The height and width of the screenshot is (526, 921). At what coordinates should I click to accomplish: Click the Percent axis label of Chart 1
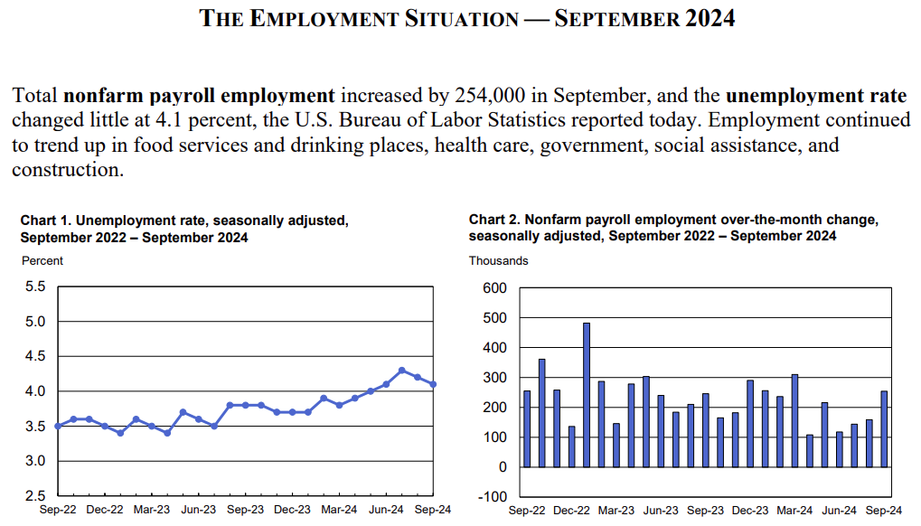coord(42,261)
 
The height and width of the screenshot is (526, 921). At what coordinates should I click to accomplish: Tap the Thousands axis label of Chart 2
coord(498,261)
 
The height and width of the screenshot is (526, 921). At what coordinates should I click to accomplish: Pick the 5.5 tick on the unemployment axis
coord(34,286)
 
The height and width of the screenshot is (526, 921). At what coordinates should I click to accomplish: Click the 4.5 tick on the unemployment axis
coord(34,356)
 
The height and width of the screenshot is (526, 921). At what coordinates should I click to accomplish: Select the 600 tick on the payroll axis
coord(495,288)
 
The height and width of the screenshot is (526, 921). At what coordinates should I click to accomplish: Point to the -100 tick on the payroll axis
coord(493,497)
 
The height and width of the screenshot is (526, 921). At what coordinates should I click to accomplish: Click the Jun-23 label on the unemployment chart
coord(199,510)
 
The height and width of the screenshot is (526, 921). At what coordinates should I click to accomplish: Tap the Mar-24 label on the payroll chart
coord(794,511)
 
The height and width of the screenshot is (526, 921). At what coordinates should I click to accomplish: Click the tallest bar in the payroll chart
coord(587,394)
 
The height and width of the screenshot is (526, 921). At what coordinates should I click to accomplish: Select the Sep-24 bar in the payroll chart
coord(884,428)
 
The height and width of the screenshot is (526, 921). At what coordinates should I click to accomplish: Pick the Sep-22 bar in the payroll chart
coord(527,428)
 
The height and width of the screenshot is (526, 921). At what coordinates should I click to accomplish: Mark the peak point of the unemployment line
coord(402,371)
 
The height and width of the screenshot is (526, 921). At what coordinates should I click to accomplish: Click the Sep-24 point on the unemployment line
coord(433,384)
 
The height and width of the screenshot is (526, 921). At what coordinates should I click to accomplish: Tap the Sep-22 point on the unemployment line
coord(58,426)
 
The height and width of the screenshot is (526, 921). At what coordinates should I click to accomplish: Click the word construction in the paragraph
coord(68,169)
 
